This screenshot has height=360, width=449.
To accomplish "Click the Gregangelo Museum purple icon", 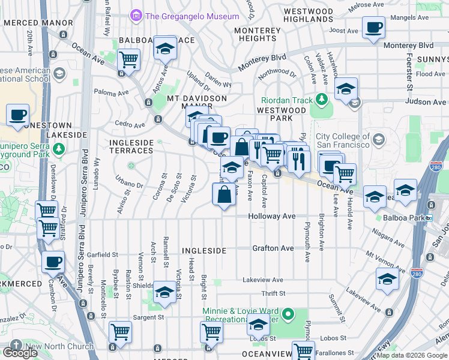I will pos(137,16).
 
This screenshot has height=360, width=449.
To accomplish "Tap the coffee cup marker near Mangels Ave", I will pos(373,28).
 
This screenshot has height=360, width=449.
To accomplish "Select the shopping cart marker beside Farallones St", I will pos(303,351).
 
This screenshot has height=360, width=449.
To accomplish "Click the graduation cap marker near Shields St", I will pos(164,292).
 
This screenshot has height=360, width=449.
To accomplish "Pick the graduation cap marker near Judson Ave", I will pos(346,89).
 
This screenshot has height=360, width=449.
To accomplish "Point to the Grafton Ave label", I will pos(273,248).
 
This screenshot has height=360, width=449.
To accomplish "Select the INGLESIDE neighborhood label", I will pos(203,250).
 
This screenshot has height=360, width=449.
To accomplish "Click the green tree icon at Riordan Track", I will pos(322,98).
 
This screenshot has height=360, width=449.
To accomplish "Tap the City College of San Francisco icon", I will pos(378,140).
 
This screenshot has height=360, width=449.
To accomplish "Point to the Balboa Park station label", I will pos(405,219).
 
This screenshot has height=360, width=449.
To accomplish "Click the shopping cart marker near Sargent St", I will pos(120,332).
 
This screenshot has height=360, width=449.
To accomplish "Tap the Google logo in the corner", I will pos(20,352).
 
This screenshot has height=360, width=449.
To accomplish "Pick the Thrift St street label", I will pos(273,293).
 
